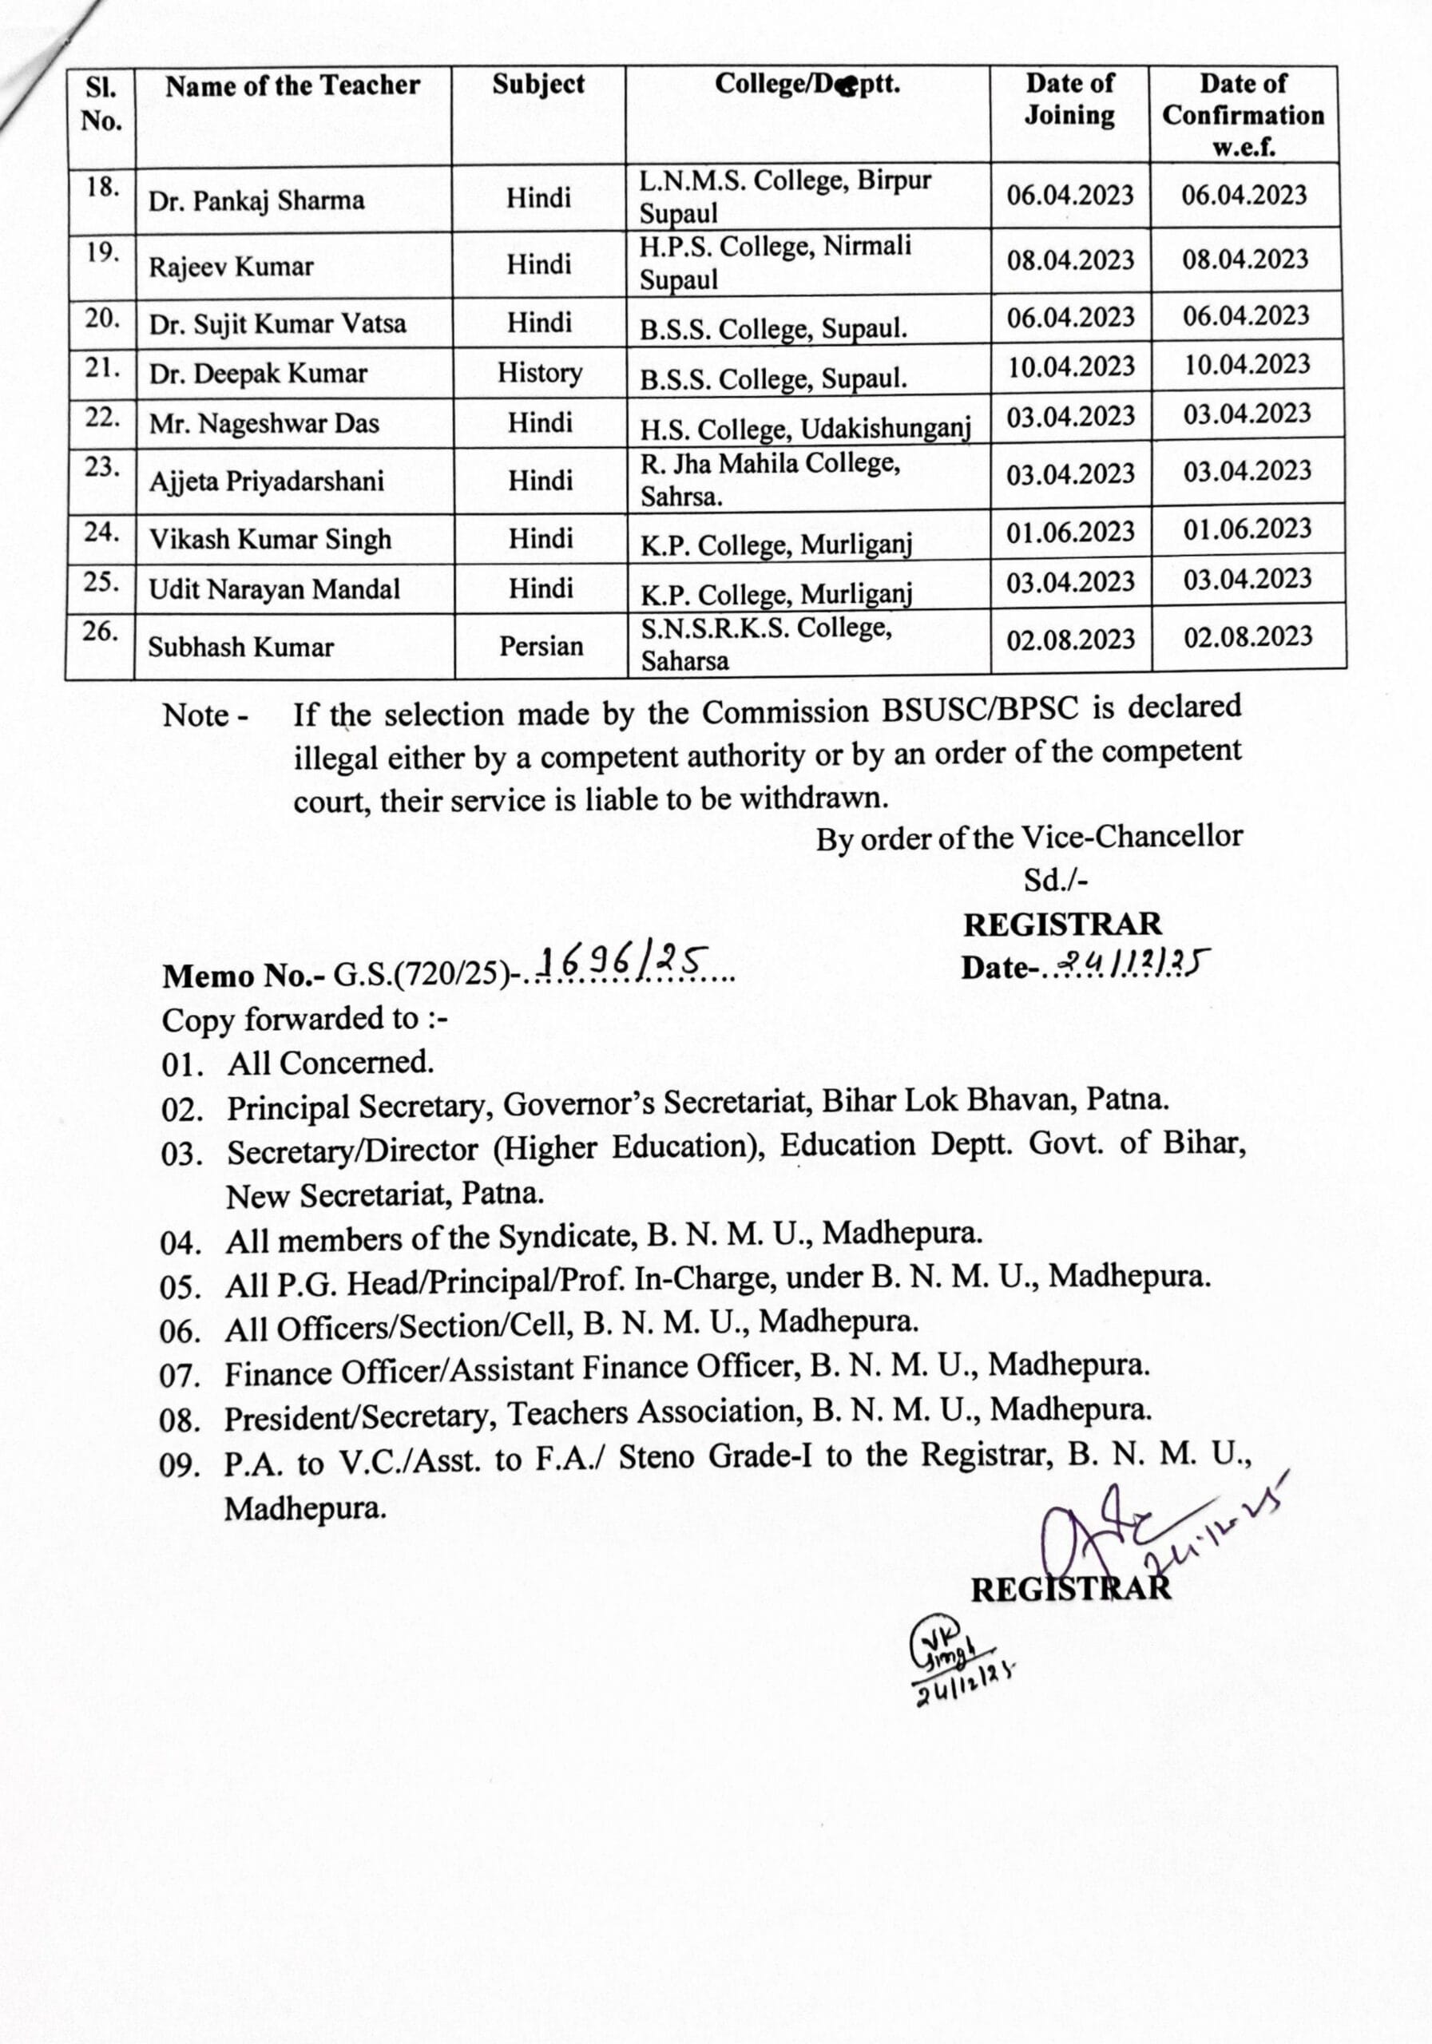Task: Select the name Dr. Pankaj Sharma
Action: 256,200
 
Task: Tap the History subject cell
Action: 540,372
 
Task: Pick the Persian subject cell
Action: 541,645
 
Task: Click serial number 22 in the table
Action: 102,418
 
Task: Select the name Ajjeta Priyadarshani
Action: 266,481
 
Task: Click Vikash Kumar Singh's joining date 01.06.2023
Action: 1070,533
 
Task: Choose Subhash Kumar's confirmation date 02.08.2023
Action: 1247,636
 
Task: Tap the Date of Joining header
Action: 1069,99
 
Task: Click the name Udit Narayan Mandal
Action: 274,589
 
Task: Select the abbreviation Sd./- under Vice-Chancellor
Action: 1055,881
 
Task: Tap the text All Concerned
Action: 331,1063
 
